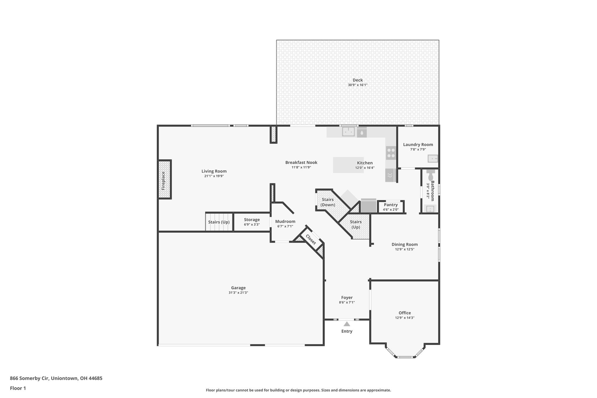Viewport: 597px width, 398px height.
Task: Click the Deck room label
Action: coord(357,80)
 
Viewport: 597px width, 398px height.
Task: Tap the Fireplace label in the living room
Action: coord(163,180)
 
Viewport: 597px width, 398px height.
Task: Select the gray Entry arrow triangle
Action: coord(347,324)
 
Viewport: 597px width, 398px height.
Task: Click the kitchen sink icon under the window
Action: coord(348,132)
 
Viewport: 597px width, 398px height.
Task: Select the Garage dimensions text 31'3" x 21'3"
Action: coord(238,292)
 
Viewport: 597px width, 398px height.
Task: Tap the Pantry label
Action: coord(391,205)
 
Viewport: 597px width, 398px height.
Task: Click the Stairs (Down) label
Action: coord(328,202)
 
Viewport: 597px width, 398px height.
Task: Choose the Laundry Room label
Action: coord(418,144)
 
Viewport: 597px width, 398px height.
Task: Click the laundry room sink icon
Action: coord(433,159)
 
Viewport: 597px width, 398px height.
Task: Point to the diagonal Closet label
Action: coord(311,239)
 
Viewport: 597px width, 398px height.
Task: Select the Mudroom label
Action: coord(285,221)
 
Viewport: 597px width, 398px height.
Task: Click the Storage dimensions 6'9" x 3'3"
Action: coord(252,225)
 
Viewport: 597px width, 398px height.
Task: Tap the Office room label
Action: coord(405,313)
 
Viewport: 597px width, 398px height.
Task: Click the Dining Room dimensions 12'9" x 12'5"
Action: coord(404,249)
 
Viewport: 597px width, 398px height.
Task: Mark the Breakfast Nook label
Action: coord(301,162)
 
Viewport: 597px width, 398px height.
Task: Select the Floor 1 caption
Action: coord(18,388)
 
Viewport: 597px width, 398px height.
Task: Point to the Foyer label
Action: coord(347,297)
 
